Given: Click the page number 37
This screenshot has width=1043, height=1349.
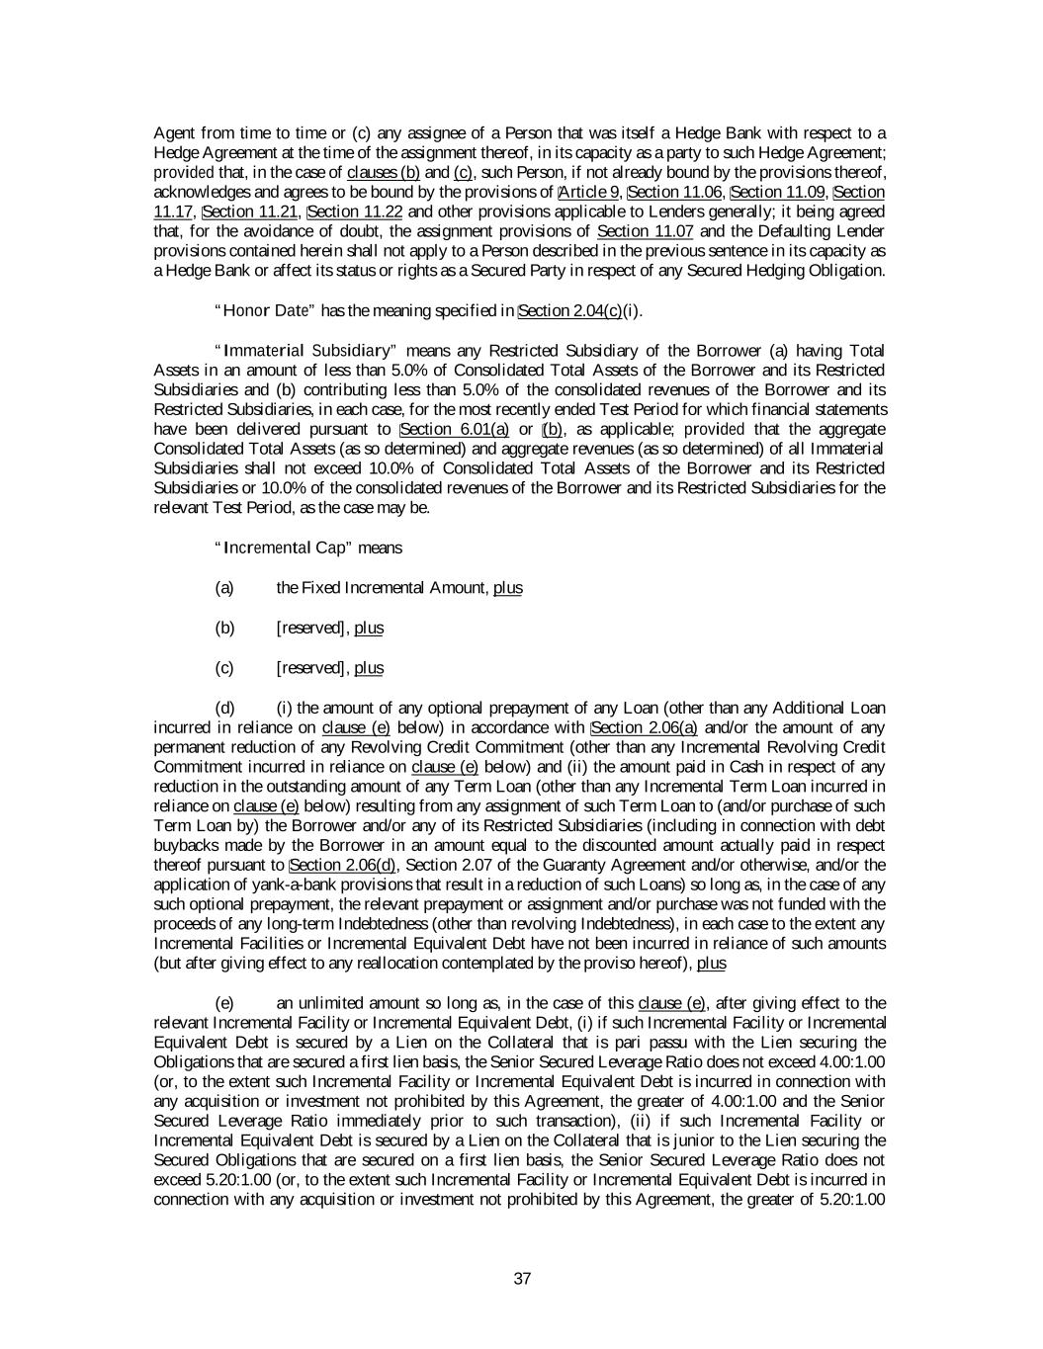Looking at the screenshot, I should [523, 1278].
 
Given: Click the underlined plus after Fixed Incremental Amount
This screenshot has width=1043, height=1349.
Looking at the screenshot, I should [508, 588].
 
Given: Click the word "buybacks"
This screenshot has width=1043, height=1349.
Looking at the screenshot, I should [186, 846].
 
